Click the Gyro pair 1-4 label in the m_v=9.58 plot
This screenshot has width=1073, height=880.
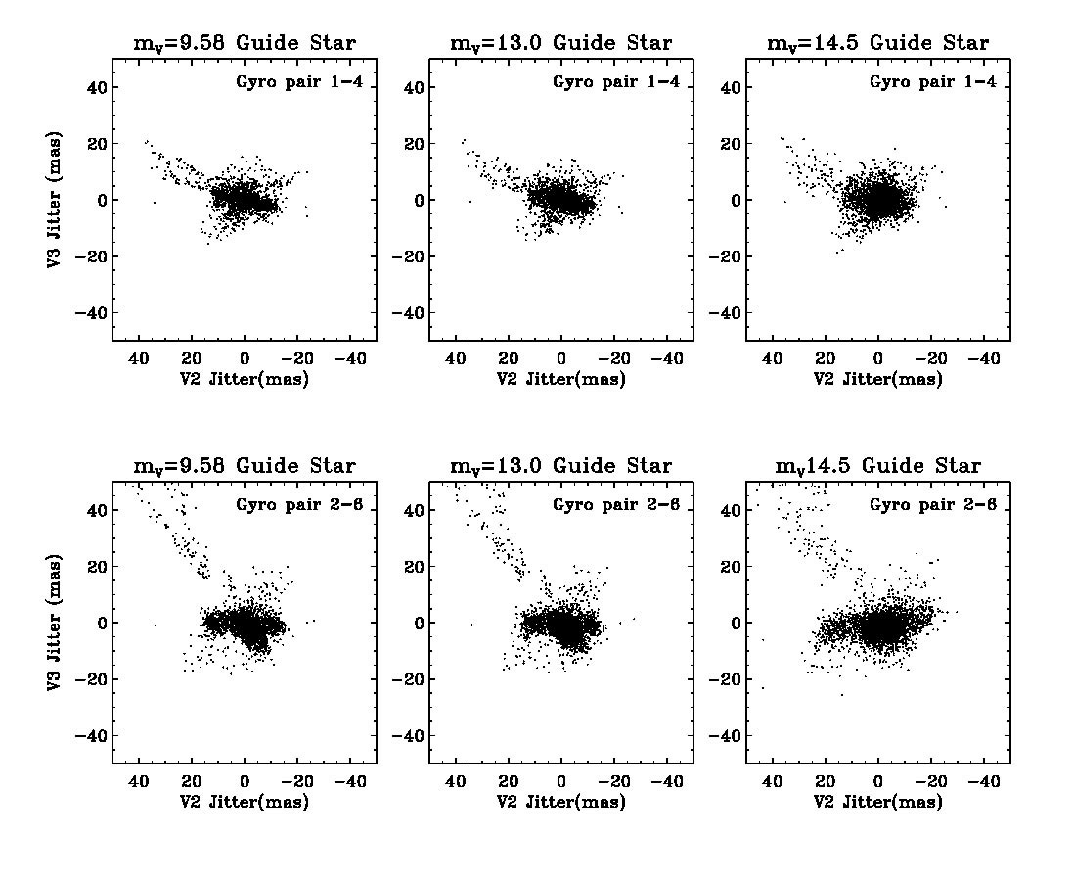click(299, 82)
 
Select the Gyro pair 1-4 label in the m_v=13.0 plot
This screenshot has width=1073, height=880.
click(616, 82)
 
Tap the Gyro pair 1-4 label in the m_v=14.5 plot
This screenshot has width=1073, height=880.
click(933, 82)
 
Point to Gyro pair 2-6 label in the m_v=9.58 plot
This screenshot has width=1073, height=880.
click(299, 505)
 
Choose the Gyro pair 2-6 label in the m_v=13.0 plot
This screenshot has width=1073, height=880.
click(616, 505)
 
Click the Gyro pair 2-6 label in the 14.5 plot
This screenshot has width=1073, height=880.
click(933, 505)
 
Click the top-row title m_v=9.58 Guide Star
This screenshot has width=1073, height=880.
click(245, 44)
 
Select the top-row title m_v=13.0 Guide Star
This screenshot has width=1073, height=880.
click(561, 44)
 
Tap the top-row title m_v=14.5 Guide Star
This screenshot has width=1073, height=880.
click(878, 44)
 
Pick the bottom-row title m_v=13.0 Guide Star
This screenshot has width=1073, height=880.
click(561, 467)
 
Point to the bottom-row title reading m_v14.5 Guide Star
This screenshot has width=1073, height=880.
click(878, 467)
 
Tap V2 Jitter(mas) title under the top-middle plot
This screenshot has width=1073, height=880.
click(561, 380)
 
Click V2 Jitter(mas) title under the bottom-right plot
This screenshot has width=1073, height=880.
click(878, 803)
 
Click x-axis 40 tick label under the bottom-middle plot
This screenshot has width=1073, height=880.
click(455, 782)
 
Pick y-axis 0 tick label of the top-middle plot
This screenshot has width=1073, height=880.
click(415, 200)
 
